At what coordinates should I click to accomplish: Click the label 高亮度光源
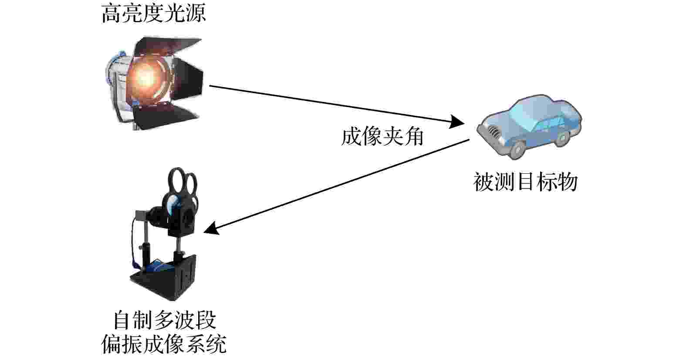(x=153, y=14)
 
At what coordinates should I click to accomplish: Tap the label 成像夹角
(x=383, y=137)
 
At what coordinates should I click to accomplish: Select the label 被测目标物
(x=526, y=182)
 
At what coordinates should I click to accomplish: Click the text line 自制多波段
(x=165, y=320)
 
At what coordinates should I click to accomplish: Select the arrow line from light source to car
(x=337, y=105)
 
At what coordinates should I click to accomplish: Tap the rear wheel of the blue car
(x=562, y=138)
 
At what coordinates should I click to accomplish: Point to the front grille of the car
(x=493, y=131)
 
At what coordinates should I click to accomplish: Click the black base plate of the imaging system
(x=162, y=281)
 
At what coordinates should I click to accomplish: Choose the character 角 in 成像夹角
(x=414, y=137)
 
